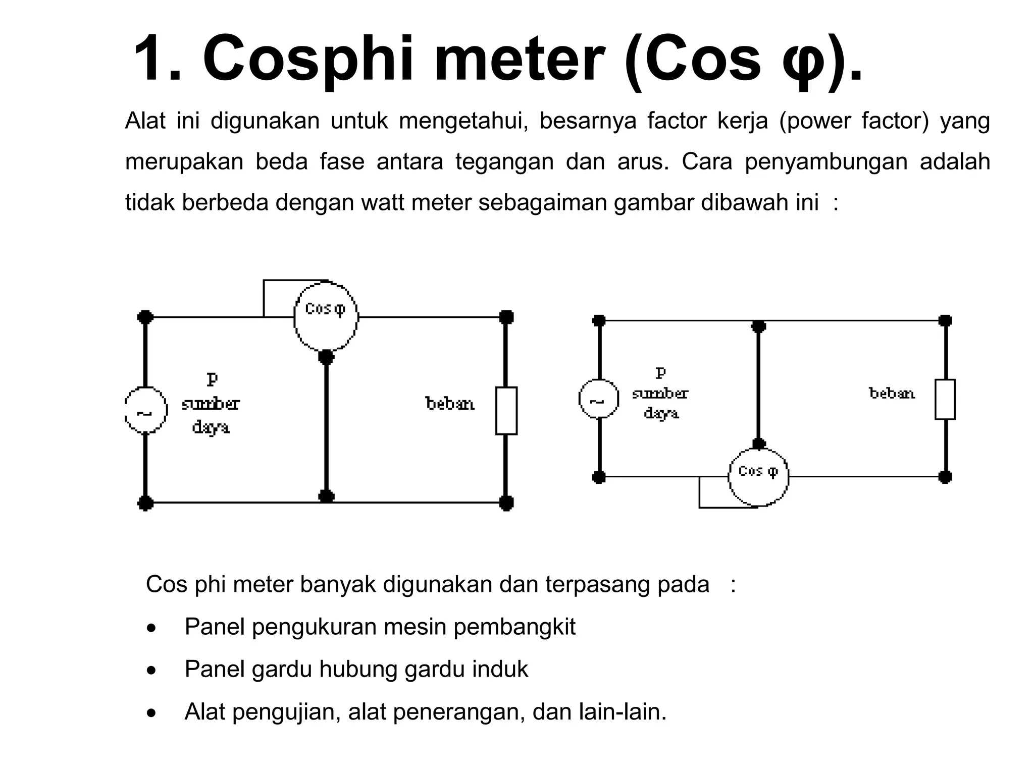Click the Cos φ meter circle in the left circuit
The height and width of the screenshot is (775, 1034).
(x=326, y=316)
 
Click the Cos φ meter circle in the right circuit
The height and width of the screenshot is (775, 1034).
(x=758, y=476)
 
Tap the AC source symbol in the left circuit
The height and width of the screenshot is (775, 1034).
(x=145, y=411)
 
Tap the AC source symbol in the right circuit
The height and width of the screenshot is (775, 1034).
(x=598, y=400)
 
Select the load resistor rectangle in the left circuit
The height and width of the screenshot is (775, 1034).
(x=506, y=411)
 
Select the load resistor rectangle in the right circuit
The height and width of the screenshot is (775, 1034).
(x=945, y=399)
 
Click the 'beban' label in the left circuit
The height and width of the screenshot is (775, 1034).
(x=450, y=404)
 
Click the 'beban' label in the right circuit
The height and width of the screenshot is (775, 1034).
(x=892, y=393)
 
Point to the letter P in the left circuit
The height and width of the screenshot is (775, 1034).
(x=212, y=379)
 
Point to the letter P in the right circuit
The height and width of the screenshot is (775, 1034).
(x=660, y=373)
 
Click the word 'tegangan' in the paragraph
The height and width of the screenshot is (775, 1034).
(x=504, y=162)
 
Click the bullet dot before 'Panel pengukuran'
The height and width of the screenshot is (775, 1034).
(x=151, y=629)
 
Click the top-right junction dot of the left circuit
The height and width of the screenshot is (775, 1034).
(x=506, y=317)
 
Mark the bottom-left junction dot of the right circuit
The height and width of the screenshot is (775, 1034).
(x=599, y=477)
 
